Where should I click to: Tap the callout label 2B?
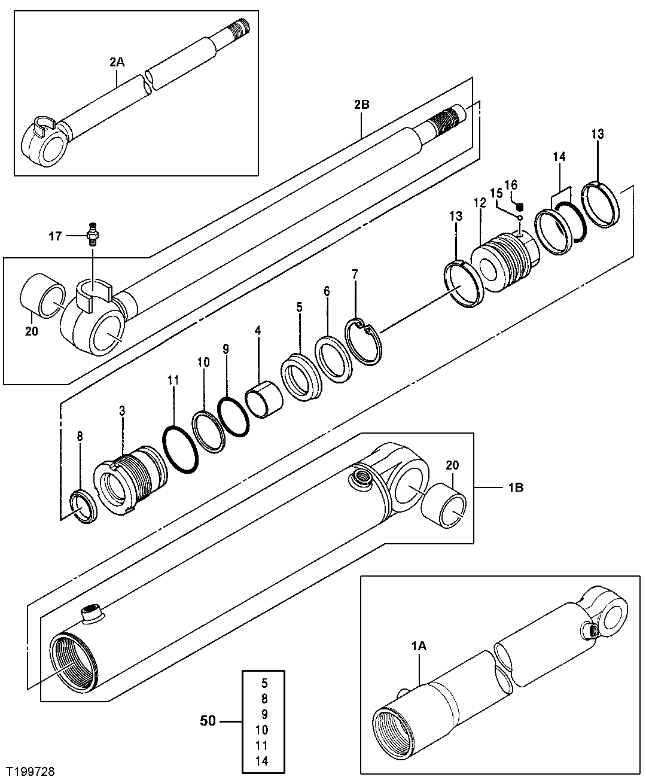click(361, 105)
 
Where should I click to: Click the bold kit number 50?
click(207, 721)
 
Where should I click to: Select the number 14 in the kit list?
click(261, 761)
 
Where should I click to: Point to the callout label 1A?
click(418, 645)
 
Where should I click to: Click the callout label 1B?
click(515, 487)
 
